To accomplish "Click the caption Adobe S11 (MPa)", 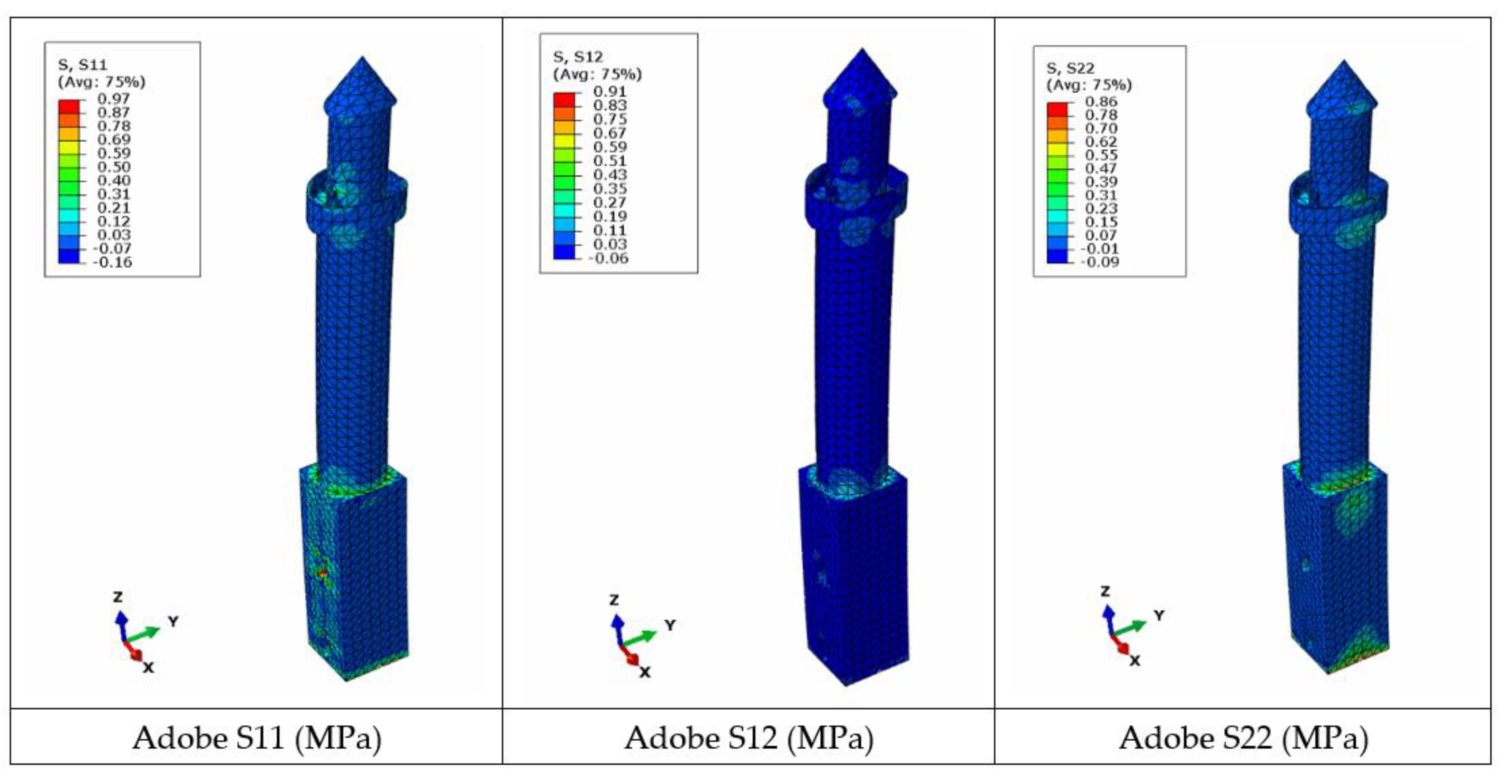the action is pos(257,739).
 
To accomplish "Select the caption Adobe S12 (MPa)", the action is pos(749,739).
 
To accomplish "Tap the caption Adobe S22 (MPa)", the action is pos(1243,739).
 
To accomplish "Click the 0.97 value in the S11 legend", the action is pos(113,99).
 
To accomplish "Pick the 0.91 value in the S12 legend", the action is pos(610,91).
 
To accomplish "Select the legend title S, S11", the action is pos(82,64).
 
